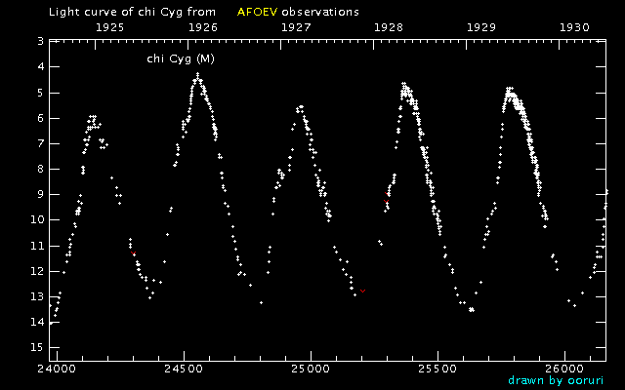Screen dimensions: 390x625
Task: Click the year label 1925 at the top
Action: (x=110, y=27)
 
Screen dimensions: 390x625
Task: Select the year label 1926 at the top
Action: (x=203, y=27)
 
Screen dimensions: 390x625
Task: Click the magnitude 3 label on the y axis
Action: (x=39, y=42)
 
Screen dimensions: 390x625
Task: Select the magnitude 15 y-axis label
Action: (x=36, y=347)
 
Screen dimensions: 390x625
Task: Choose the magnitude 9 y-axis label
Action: (x=39, y=194)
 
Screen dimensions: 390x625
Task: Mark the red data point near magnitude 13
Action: (x=363, y=291)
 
